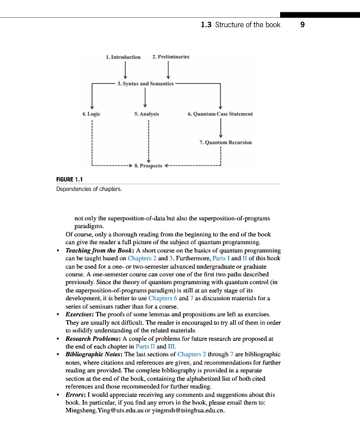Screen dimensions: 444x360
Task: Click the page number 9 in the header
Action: [302, 24]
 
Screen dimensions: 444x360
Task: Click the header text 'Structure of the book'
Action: [248, 25]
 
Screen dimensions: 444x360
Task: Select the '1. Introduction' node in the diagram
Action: [123, 57]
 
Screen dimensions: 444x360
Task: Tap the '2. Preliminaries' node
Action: [171, 57]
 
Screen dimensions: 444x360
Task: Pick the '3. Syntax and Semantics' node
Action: [145, 84]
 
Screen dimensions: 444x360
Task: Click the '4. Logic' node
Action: [91, 114]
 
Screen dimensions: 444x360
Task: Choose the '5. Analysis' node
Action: [146, 114]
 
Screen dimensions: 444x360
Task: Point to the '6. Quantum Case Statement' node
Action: [220, 114]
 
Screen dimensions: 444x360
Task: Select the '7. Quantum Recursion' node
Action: [225, 143]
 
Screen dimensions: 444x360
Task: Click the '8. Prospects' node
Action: [148, 165]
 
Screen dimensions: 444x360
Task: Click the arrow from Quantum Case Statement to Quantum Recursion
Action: [221, 128]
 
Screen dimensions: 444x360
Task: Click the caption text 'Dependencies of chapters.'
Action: [89, 189]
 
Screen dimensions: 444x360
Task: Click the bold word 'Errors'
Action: [76, 395]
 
